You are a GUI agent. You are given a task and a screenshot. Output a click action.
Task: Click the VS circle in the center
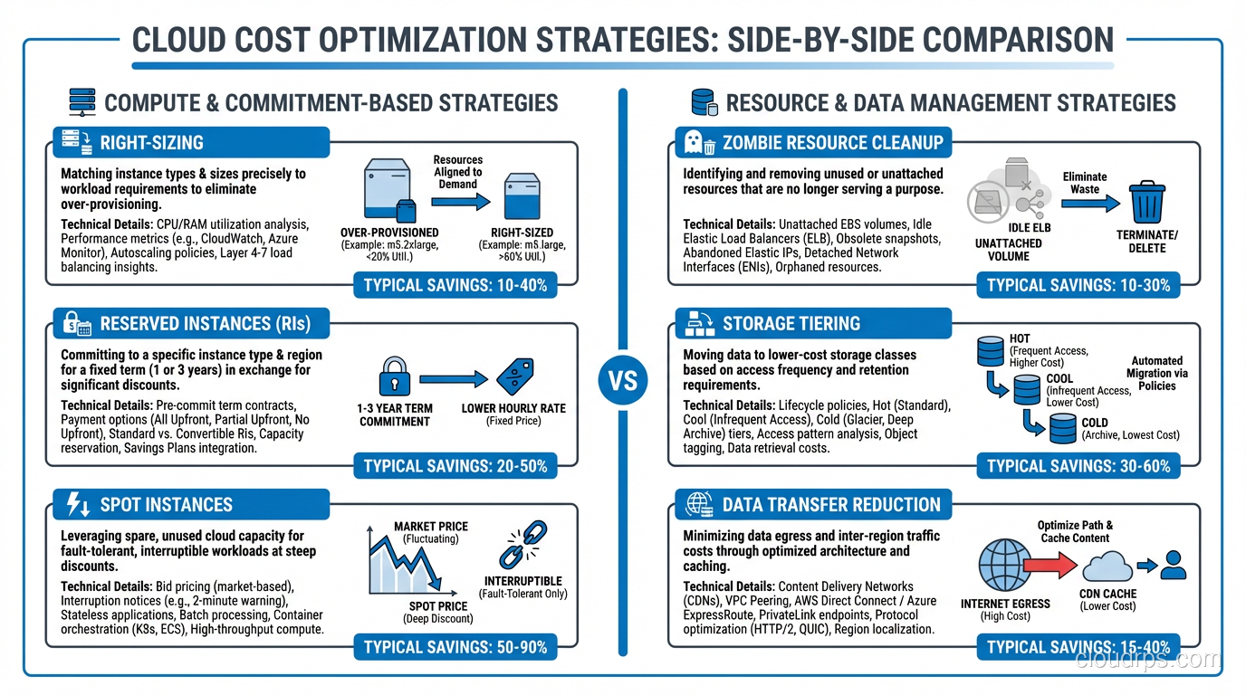623,380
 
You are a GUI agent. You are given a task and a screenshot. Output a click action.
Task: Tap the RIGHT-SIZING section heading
152,143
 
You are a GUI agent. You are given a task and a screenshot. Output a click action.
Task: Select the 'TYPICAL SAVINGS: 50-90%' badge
455,648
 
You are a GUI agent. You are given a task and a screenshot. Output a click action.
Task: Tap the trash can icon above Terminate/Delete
1147,200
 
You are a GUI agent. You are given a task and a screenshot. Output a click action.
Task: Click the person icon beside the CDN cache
1174,566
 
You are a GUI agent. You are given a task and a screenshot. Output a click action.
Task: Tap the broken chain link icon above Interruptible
523,544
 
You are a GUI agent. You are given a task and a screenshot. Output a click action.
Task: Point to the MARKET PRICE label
431,527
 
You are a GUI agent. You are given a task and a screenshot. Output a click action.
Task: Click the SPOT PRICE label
437,606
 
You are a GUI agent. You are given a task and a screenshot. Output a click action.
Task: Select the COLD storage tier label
1094,423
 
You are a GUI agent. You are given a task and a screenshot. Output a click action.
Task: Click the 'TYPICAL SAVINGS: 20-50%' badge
455,467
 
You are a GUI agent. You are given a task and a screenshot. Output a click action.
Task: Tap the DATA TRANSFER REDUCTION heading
831,505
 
